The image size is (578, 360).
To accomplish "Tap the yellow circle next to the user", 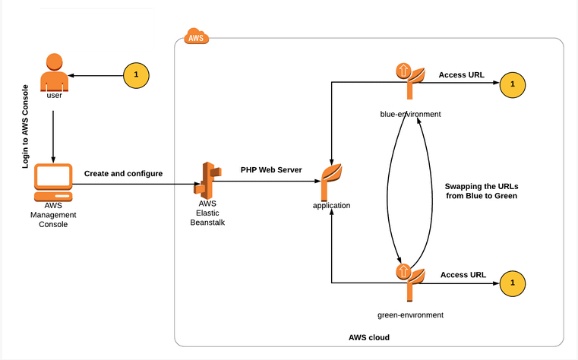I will tap(136, 74).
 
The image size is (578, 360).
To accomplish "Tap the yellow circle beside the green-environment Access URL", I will tap(513, 283).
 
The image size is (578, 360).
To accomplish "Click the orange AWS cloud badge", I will tap(197, 36).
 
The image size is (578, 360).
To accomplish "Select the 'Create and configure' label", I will tap(123, 174).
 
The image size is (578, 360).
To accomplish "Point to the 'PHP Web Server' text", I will tap(271, 169).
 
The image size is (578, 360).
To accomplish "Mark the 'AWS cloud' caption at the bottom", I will tap(369, 336).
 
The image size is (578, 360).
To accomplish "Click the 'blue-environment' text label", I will tap(410, 114).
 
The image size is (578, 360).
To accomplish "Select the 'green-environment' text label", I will tap(410, 314).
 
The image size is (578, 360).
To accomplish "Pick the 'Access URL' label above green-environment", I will tap(463, 274).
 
